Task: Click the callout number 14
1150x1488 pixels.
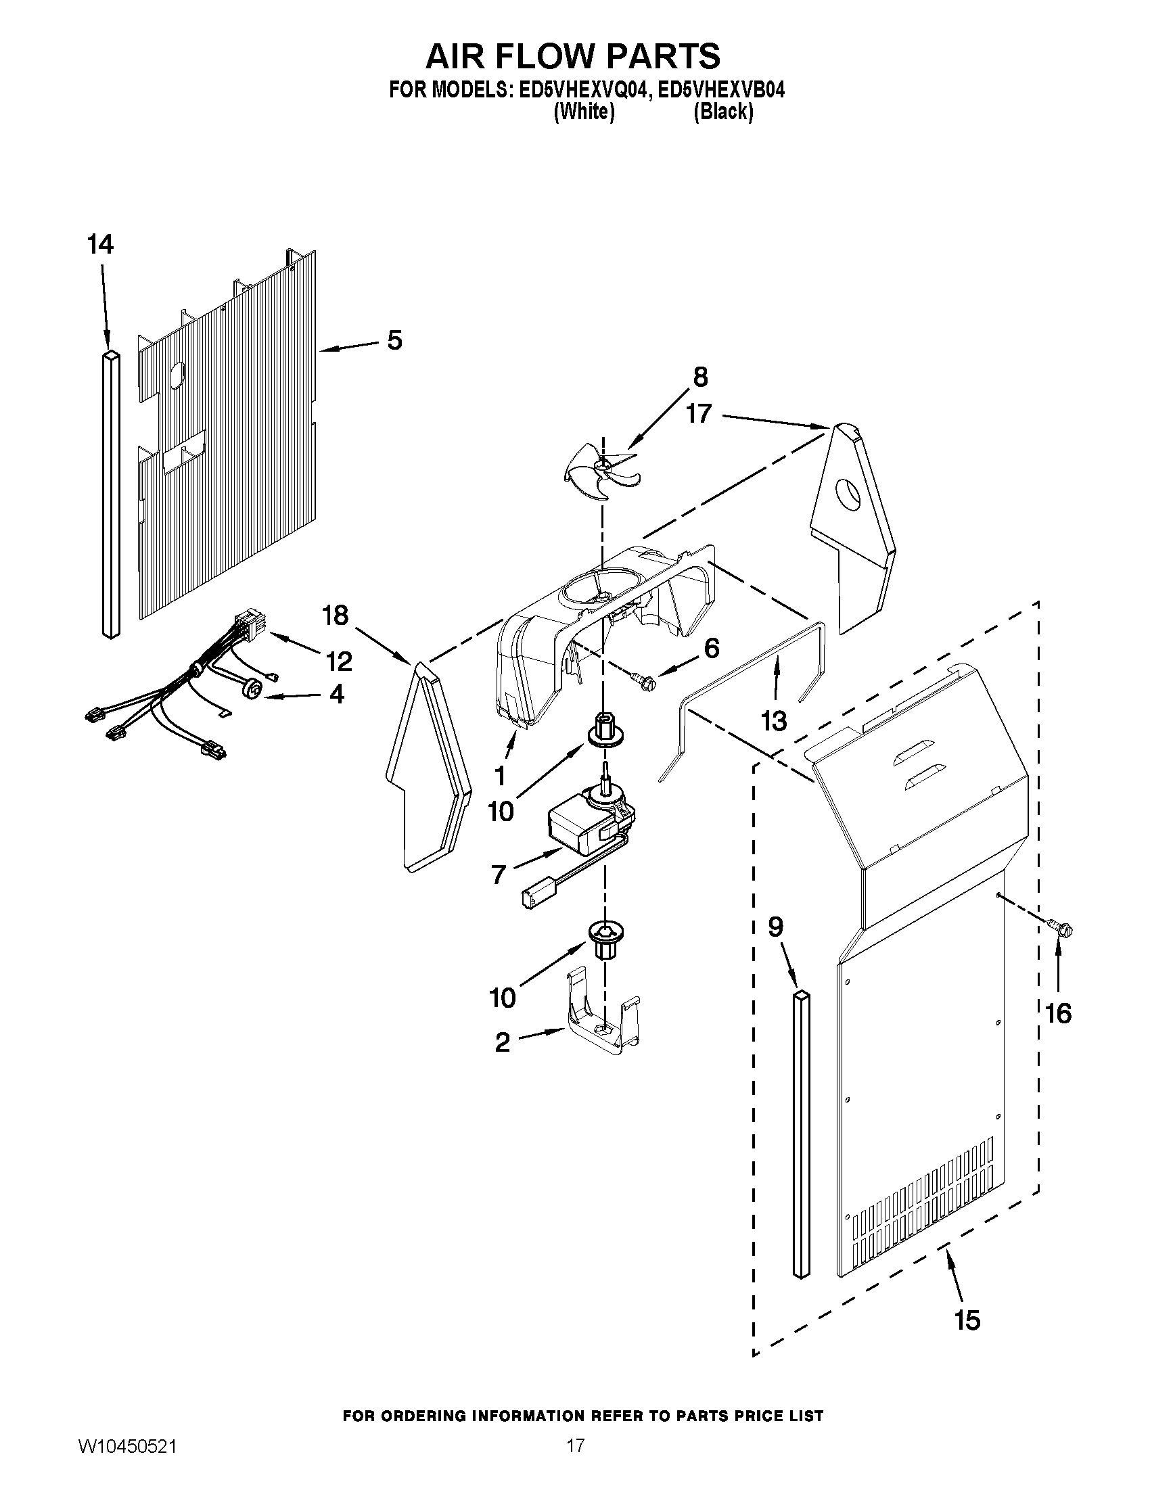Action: click(x=100, y=244)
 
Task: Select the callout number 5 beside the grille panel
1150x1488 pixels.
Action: click(x=394, y=340)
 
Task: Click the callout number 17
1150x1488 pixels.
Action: click(x=699, y=413)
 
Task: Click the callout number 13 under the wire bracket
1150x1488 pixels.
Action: click(x=774, y=720)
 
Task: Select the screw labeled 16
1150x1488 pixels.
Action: click(x=1058, y=927)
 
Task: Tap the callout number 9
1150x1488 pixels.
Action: click(x=775, y=927)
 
